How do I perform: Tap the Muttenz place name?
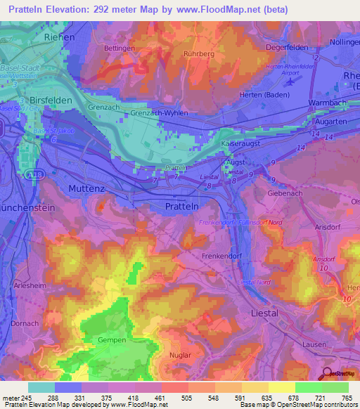[x=89, y=188]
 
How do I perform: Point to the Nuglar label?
[x=180, y=356]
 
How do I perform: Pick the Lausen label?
[x=314, y=344]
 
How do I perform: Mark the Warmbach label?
[x=330, y=103]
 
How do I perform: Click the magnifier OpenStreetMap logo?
[x=328, y=375]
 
